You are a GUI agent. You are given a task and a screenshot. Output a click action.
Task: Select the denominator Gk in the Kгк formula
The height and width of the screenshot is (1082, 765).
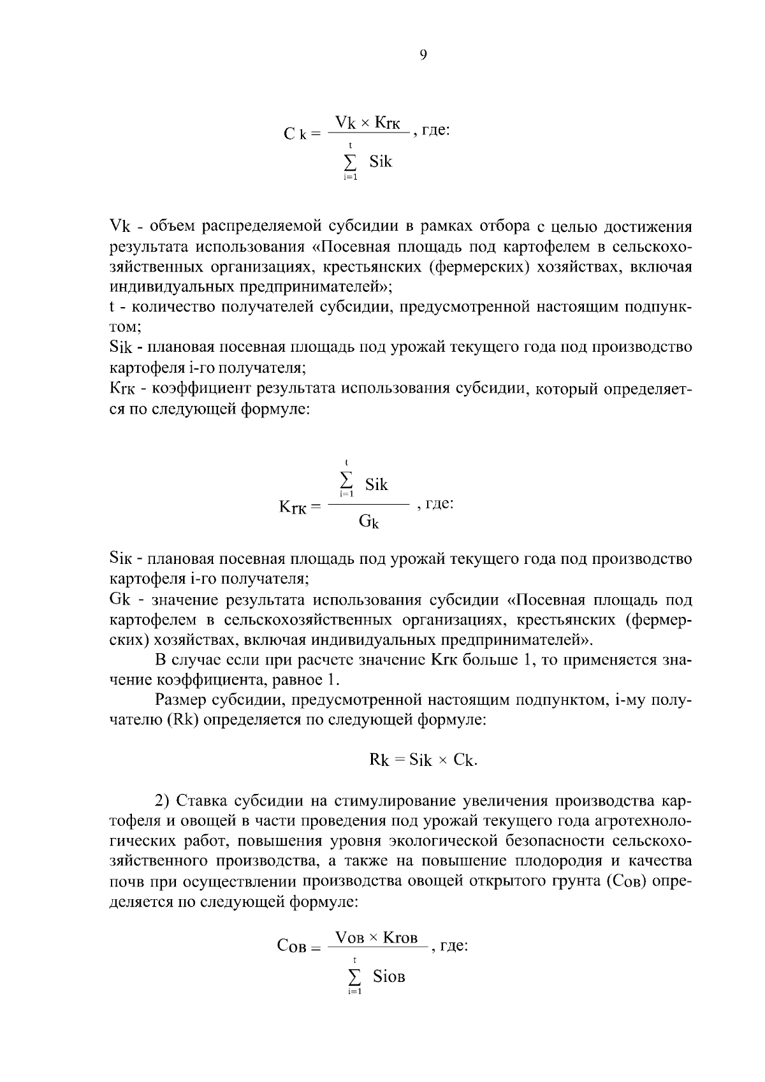368,523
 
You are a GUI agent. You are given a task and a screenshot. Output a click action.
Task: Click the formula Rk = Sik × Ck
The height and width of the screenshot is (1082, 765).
423,760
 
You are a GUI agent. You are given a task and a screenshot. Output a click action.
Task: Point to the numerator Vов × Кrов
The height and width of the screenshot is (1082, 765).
376,937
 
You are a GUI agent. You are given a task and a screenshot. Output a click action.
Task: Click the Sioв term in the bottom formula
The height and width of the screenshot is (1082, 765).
389,976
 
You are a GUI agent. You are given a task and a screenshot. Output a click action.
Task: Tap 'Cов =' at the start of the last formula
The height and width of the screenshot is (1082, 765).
298,946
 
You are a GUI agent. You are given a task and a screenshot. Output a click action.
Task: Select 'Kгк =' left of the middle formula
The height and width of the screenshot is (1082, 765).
299,508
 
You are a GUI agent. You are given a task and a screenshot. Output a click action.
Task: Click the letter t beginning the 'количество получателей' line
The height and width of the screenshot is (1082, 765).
112,307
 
